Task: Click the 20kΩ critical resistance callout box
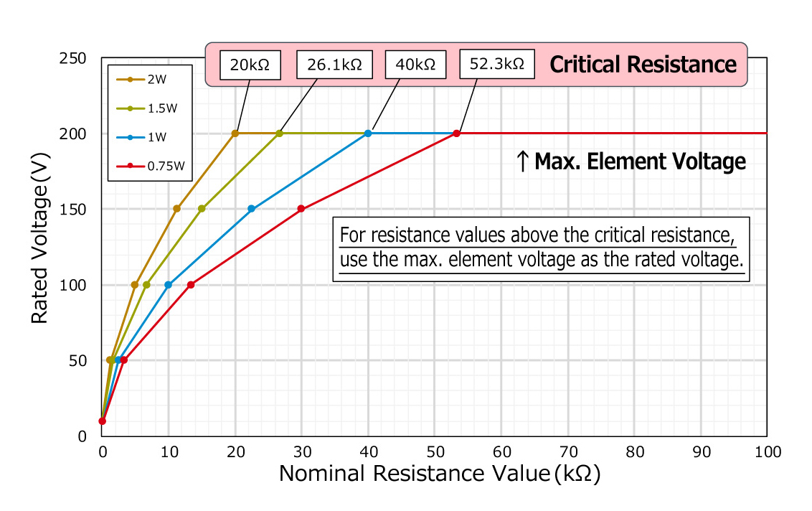coord(250,65)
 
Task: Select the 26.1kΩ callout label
coord(334,65)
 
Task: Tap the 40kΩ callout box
coord(415,65)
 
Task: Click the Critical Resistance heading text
coord(643,65)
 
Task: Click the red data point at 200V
coord(456,133)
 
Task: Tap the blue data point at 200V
coord(368,133)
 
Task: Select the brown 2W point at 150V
coord(177,209)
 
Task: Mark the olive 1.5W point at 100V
coord(146,285)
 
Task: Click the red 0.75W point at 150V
coord(301,209)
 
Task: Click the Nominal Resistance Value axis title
coord(439,474)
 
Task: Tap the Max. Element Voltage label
coord(631,162)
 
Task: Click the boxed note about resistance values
coord(543,248)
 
